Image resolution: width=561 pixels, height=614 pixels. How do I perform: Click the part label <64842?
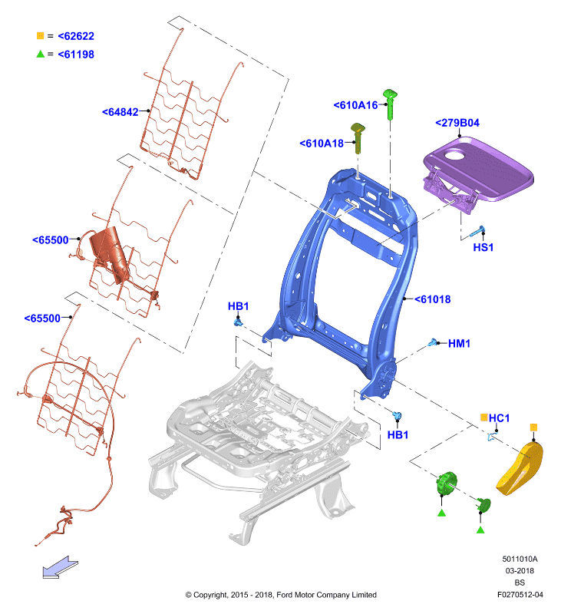coord(120,112)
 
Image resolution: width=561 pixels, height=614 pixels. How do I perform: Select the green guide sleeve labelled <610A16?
coord(390,104)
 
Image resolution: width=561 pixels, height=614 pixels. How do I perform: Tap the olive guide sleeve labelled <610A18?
coord(358,138)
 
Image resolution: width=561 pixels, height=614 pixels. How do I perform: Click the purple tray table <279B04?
coord(478,168)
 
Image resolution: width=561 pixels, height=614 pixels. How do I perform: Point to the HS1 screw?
coord(477,232)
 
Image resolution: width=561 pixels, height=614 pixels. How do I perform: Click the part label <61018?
coord(433,299)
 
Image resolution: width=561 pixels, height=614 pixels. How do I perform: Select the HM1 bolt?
coord(432,343)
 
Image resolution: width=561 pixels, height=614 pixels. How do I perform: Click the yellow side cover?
coord(520,468)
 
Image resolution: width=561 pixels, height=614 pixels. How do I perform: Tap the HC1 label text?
coord(499,418)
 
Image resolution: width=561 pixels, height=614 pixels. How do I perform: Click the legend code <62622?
coord(76,36)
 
